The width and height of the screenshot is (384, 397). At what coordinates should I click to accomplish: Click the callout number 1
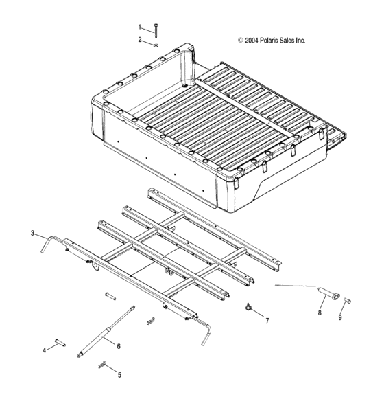point(140,27)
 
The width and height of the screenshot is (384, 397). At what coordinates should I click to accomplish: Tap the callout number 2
point(140,40)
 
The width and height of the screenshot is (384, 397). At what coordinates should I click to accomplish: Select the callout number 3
point(32,234)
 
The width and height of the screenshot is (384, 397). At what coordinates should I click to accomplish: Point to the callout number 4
point(45,350)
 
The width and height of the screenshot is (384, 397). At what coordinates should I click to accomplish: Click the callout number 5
point(119,375)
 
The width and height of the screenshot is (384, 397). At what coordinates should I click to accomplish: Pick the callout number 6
point(119,346)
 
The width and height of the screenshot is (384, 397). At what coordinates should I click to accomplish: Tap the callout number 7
point(267,320)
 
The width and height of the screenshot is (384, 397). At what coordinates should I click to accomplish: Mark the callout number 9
point(340,318)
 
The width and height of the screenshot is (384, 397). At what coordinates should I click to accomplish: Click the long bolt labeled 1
point(157,30)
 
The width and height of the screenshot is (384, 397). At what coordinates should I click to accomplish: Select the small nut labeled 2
point(157,45)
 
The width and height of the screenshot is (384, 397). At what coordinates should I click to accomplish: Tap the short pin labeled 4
point(60,341)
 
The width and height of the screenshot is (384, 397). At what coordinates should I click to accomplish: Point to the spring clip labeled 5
point(103,365)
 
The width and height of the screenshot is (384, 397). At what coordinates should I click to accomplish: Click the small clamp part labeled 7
point(246,307)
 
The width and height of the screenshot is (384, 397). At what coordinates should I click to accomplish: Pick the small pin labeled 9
point(348,300)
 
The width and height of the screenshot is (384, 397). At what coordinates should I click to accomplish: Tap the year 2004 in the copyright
point(252,41)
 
